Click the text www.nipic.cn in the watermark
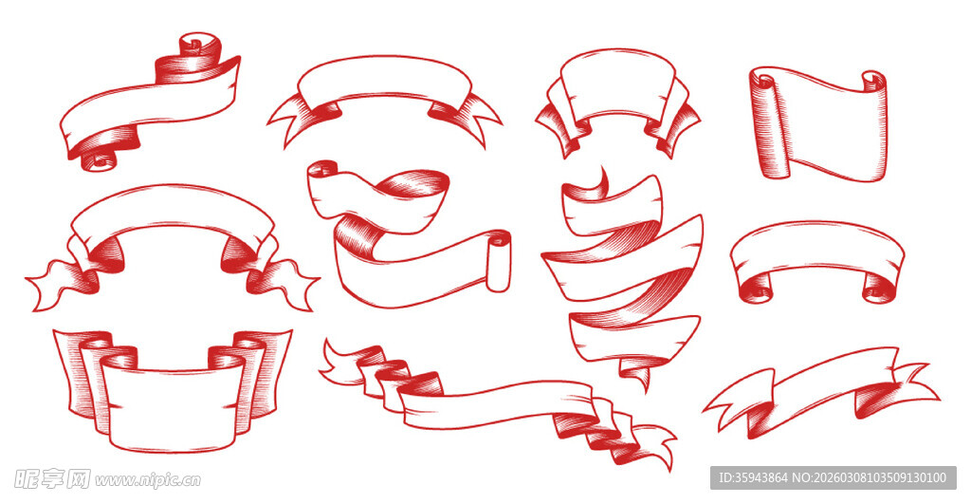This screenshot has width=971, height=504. (147, 480)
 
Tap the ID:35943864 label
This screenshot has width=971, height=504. (753, 477)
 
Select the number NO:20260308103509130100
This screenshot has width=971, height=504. (870, 477)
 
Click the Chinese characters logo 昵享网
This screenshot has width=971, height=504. (52, 478)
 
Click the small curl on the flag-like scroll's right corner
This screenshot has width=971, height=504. (872, 80)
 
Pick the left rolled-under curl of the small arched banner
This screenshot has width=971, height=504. (757, 289)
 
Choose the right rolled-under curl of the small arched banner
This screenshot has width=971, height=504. (878, 289)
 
